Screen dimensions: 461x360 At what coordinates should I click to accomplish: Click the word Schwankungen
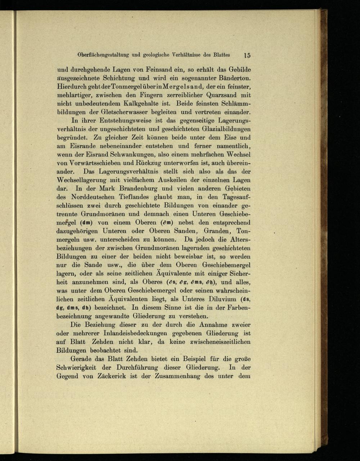pos(123,154)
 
